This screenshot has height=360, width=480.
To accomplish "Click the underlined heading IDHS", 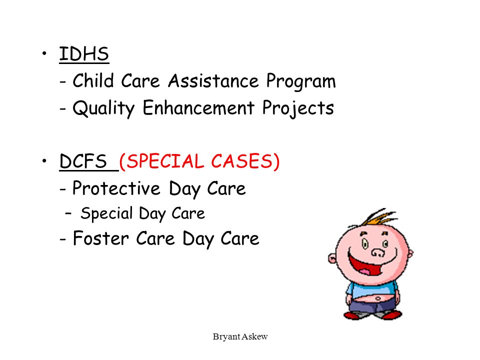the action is click(84, 54).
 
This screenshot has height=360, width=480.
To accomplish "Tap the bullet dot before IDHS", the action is click(44, 53).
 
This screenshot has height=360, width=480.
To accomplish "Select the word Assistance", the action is click(213, 81).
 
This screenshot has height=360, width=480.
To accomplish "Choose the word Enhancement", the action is click(198, 108).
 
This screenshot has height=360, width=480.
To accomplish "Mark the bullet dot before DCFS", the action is click(44, 160).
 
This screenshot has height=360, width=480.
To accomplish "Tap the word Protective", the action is click(116, 188).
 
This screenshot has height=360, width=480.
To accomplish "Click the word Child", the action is click(93, 81).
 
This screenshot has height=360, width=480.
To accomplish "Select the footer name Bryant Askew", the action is click(240, 336).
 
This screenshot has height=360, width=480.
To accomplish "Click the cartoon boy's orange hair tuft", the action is click(379, 217).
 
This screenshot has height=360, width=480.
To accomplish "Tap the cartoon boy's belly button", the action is click(378, 298).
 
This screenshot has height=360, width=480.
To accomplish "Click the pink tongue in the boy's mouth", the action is click(366, 271).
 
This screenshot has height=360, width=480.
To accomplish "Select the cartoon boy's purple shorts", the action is click(371, 306).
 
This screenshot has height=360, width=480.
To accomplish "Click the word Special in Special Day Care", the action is click(106, 214).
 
